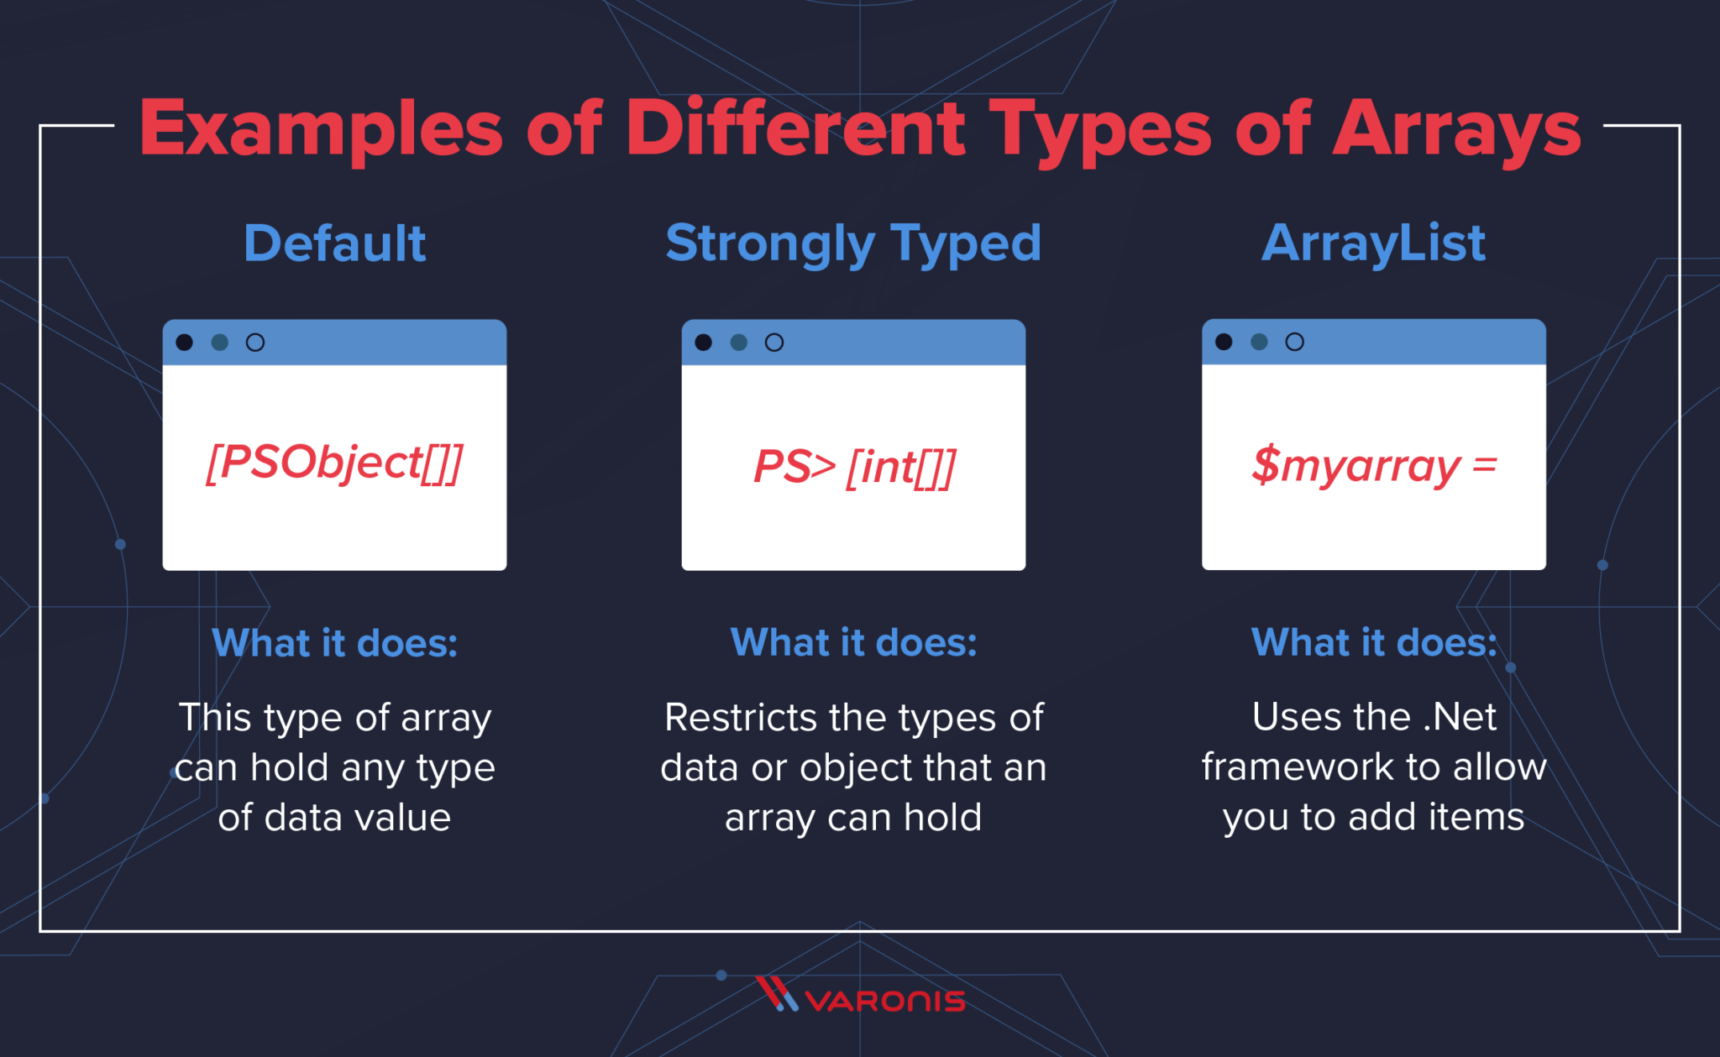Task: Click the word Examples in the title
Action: click(321, 130)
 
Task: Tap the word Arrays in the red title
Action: click(1457, 130)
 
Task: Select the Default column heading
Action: click(334, 243)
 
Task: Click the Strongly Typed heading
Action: click(853, 243)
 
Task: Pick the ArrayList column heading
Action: click(1373, 243)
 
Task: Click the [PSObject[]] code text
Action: click(334, 463)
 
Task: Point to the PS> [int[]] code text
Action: click(853, 467)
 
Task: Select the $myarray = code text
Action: click(1373, 466)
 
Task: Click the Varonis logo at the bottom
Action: click(860, 997)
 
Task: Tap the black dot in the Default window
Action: click(185, 343)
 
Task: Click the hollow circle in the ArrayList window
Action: click(1294, 342)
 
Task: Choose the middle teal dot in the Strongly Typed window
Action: click(739, 343)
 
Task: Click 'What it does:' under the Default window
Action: click(334, 643)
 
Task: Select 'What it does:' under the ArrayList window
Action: click(1373, 642)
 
